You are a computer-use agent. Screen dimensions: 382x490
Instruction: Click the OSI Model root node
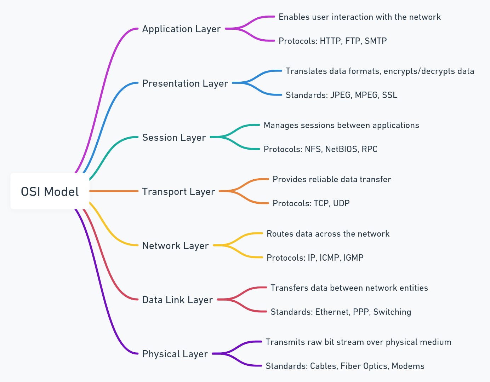click(x=50, y=191)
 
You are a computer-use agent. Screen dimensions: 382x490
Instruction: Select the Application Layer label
click(x=181, y=29)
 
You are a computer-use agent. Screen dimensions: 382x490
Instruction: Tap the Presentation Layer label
click(x=185, y=83)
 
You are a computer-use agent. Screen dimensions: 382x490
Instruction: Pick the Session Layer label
click(x=174, y=138)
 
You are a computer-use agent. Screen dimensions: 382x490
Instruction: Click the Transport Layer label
click(x=178, y=192)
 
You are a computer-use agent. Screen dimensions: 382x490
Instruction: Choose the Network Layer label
click(x=175, y=246)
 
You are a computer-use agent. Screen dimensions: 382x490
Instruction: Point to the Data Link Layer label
click(x=177, y=300)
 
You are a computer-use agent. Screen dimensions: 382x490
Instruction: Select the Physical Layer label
click(x=175, y=354)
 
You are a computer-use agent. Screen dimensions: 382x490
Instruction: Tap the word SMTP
click(x=376, y=41)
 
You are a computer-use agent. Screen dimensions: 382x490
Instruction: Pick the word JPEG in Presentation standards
click(x=341, y=95)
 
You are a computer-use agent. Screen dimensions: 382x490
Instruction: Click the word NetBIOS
click(x=341, y=149)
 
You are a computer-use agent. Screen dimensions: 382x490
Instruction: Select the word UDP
click(x=341, y=203)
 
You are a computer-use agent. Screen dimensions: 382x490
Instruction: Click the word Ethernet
click(x=332, y=312)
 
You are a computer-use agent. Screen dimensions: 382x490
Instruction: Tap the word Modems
click(x=408, y=366)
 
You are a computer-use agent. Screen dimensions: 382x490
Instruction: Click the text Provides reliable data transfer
click(x=332, y=179)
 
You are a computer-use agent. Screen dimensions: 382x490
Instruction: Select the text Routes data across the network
click(x=328, y=234)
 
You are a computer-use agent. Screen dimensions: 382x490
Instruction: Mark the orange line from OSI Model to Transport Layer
click(x=113, y=191)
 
